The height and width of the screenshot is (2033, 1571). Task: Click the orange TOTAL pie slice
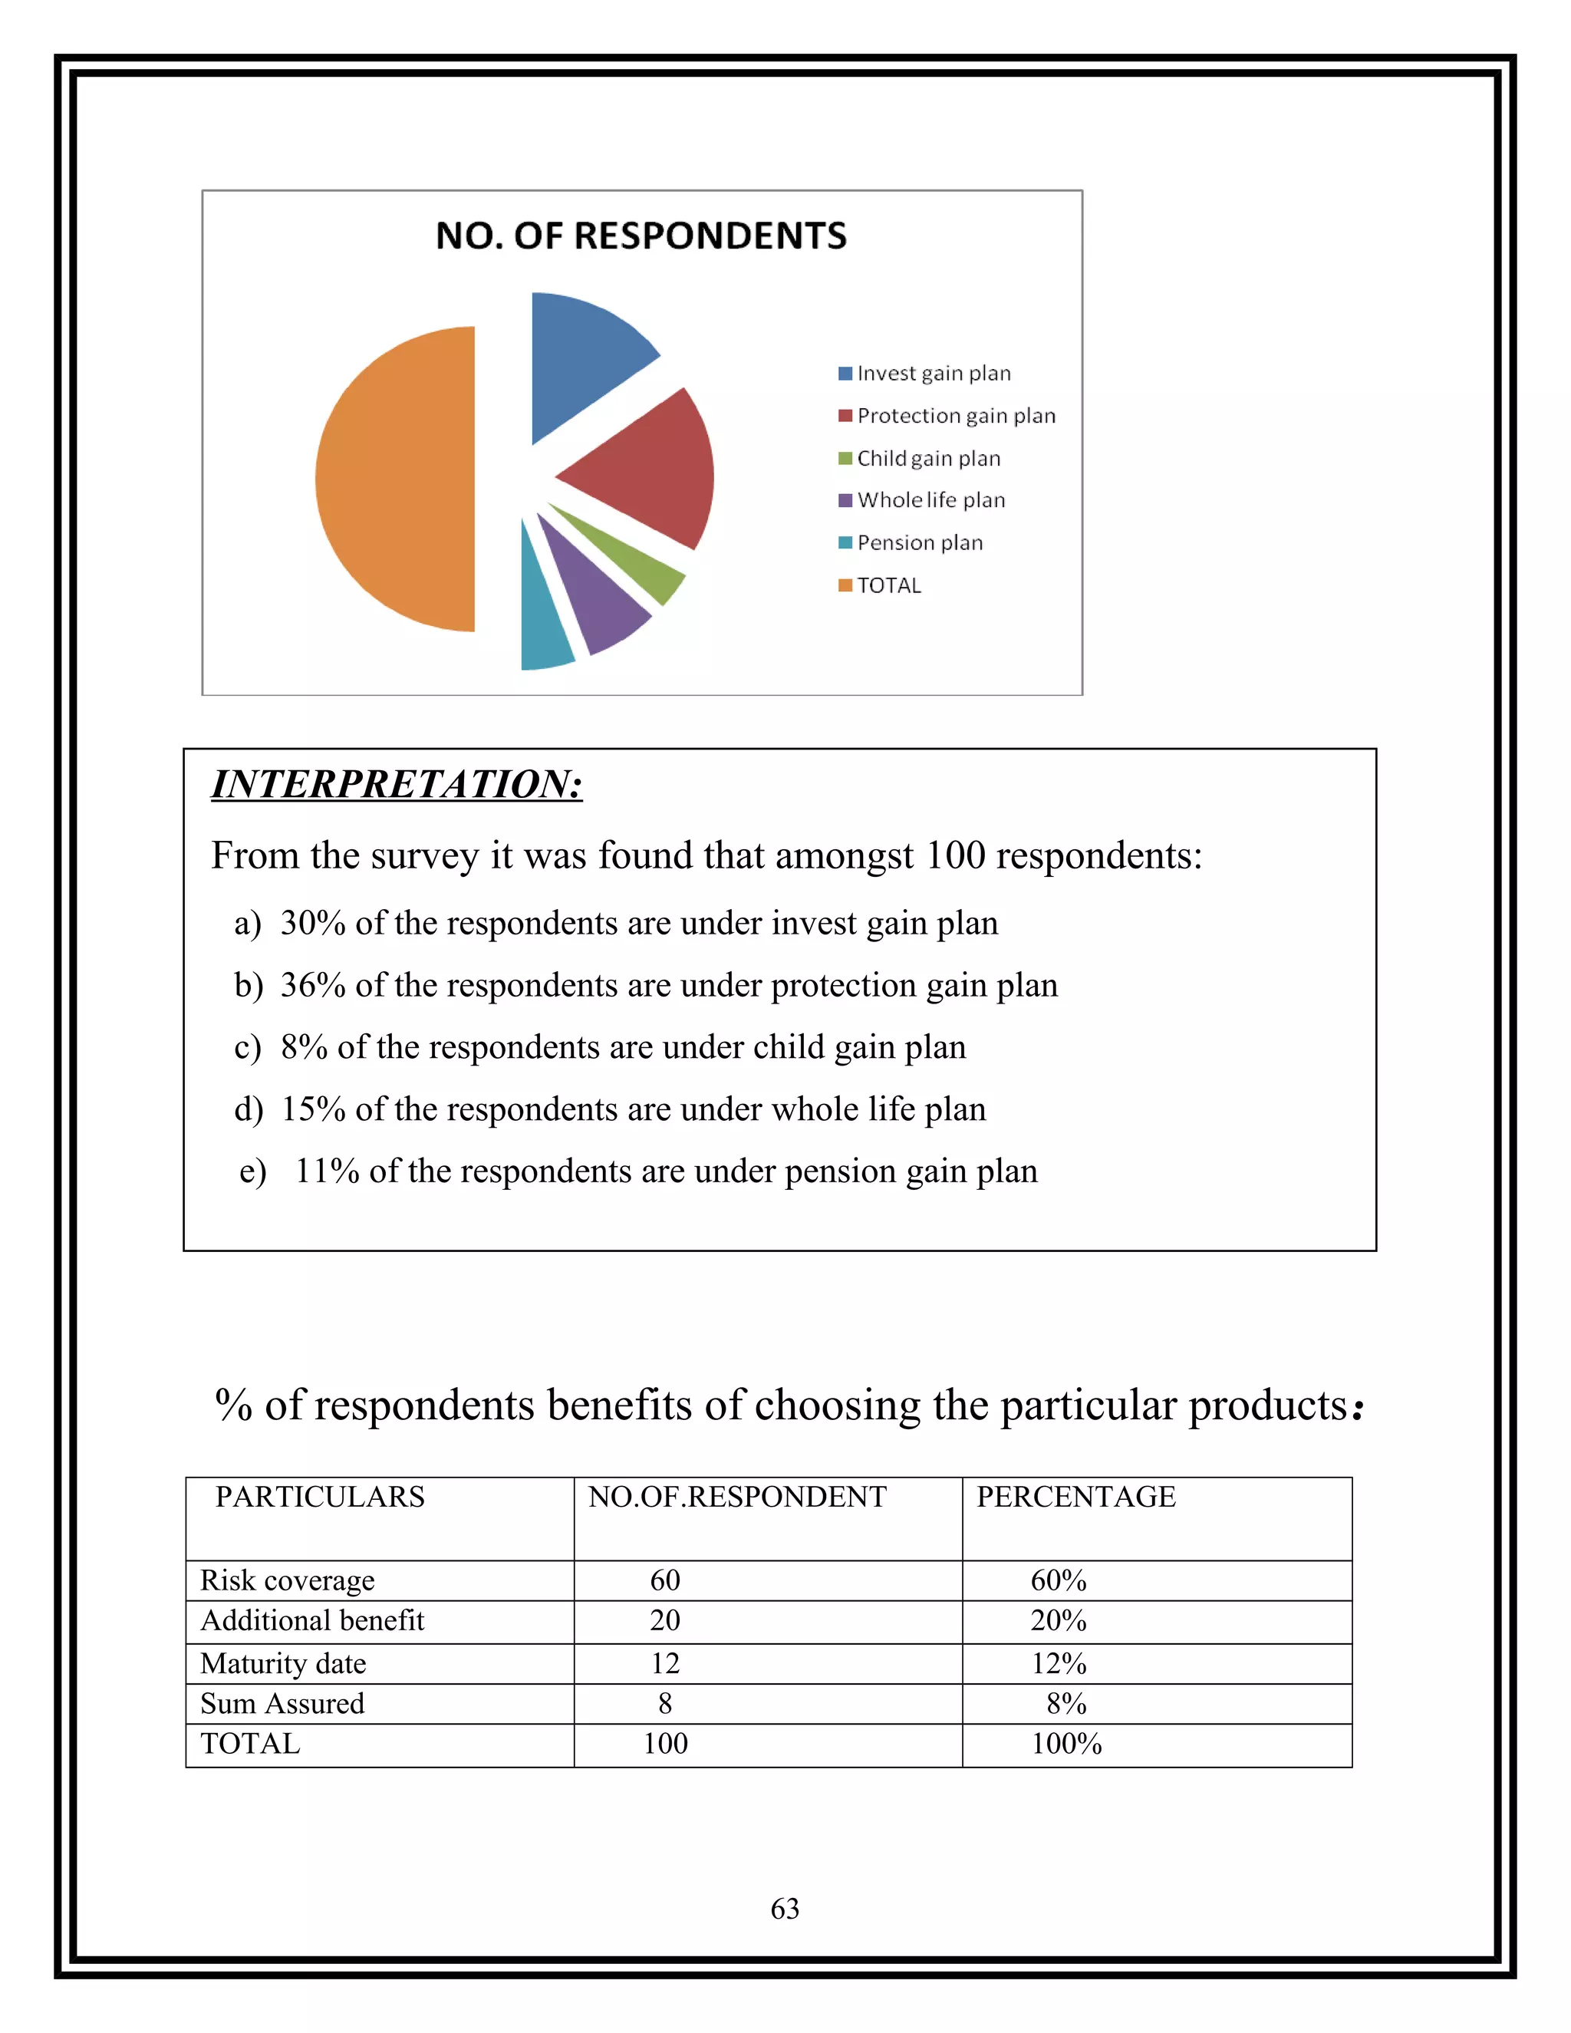(400, 479)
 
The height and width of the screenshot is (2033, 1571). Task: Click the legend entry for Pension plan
(918, 542)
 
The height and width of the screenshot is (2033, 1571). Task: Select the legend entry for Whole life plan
(930, 501)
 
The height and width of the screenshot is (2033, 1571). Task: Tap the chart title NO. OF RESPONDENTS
(641, 236)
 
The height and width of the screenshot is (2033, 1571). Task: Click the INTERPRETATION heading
(397, 785)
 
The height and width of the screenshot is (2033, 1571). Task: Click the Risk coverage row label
(288, 1580)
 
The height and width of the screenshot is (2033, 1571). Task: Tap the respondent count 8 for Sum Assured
(664, 1703)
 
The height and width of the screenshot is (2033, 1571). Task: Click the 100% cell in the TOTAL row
(1065, 1745)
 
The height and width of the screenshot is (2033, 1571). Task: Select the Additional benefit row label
(311, 1620)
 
